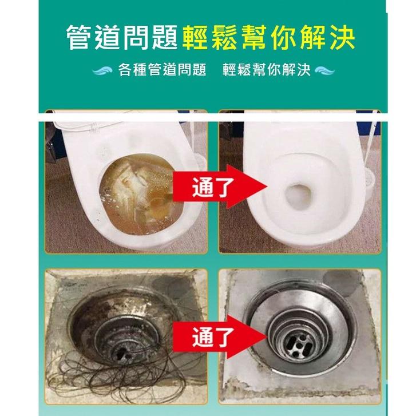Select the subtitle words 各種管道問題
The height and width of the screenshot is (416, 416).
tap(161, 70)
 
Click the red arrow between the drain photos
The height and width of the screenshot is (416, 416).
tap(217, 334)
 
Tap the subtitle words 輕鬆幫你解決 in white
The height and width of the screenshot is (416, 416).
tap(267, 70)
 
